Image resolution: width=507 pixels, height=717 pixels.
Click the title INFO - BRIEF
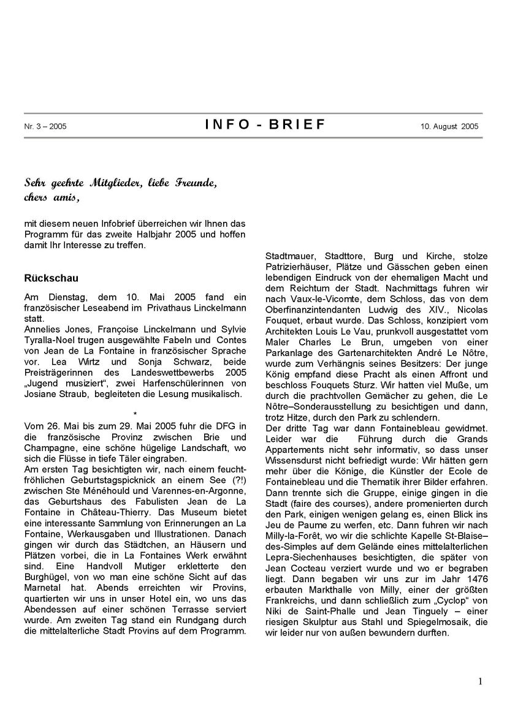pyautogui.click(x=265, y=125)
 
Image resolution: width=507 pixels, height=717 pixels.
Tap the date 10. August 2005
pyautogui.click(x=449, y=127)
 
